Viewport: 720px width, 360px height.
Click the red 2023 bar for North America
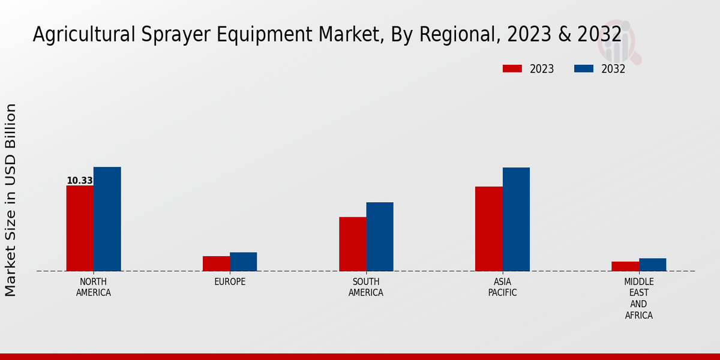point(80,228)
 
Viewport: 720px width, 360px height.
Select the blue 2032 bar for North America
point(107,219)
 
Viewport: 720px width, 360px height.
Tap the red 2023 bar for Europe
point(216,263)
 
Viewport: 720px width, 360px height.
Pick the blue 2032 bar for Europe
point(244,262)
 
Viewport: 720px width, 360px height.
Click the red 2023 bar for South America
point(353,244)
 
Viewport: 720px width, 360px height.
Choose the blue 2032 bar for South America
point(380,236)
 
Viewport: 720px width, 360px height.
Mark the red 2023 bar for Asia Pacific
point(489,229)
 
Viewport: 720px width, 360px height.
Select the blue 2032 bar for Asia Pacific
point(516,219)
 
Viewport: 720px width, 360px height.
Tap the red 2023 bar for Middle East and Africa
point(625,266)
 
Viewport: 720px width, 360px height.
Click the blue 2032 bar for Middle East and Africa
point(653,265)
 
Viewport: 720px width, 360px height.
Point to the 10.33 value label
point(80,181)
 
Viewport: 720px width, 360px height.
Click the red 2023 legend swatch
point(512,68)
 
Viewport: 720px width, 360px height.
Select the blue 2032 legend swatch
point(583,68)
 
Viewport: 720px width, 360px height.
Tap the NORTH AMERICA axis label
point(94,287)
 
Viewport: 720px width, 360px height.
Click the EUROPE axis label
point(230,281)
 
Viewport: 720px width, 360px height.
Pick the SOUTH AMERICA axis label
point(366,287)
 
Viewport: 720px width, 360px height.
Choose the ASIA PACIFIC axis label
point(502,287)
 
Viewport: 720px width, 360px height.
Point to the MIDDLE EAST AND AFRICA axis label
point(639,298)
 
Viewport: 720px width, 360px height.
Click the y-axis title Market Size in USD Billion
point(11,200)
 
